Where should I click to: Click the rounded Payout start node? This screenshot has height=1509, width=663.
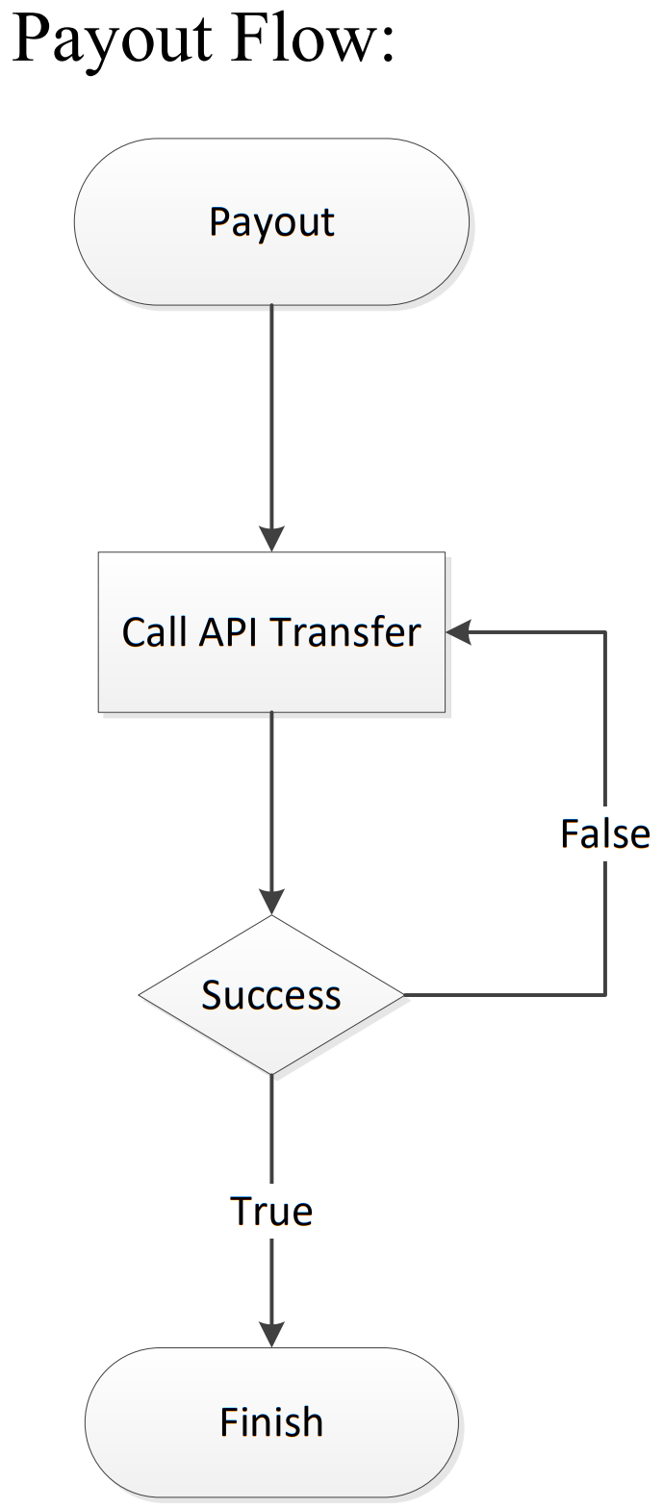271,222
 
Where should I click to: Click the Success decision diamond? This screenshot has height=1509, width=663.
271,994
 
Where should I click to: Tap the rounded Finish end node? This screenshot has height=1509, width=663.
271,1421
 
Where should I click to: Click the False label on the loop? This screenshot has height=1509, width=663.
605,834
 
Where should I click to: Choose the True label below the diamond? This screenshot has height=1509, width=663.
271,1212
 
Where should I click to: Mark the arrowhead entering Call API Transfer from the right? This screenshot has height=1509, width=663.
458,632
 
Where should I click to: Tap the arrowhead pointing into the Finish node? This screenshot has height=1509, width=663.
271,1334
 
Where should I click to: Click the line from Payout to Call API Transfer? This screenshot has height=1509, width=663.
271,414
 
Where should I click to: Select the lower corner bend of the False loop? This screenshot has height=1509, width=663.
605,994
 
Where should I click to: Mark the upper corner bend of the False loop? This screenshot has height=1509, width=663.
605,632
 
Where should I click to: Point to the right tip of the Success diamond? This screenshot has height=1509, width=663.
402,994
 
